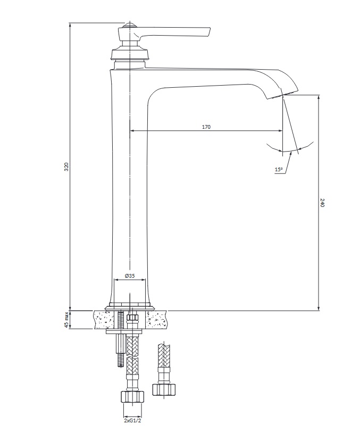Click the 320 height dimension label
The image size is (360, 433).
click(x=66, y=167)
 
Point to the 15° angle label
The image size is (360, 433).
click(x=279, y=169)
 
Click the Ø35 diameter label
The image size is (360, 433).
click(x=130, y=276)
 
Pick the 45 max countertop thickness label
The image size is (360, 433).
click(x=66, y=320)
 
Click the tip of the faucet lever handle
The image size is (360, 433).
click(x=210, y=31)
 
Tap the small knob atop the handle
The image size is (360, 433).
click(x=129, y=26)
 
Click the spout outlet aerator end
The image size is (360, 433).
click(x=282, y=95)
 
